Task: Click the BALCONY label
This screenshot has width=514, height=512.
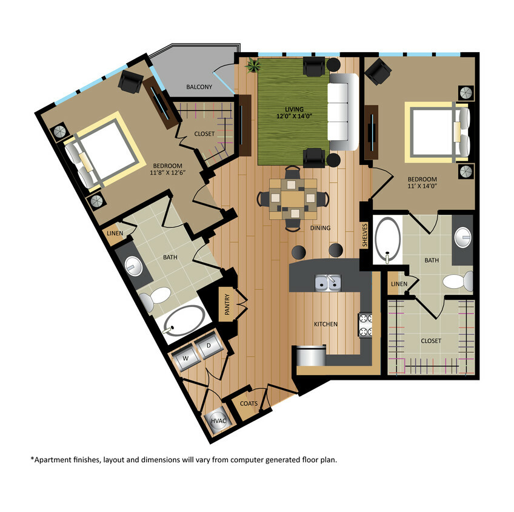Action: click(x=199, y=87)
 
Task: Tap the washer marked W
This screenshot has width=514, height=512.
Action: click(x=187, y=359)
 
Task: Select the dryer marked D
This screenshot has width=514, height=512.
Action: click(x=208, y=346)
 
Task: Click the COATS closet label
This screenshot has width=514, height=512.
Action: click(x=249, y=403)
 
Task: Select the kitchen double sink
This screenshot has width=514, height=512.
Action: click(x=328, y=283)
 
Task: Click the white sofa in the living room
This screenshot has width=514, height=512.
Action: click(x=342, y=113)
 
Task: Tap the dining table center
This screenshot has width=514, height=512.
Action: click(x=293, y=198)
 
